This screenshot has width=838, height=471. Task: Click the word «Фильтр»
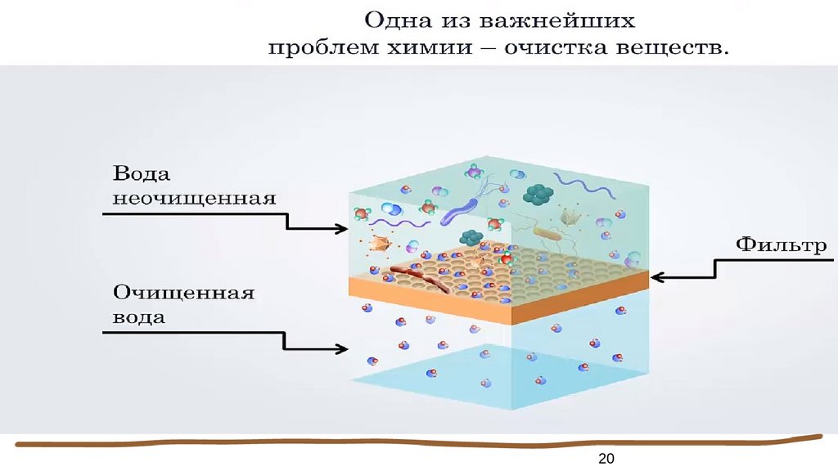click(781, 245)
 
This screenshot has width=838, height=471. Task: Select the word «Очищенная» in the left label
click(183, 294)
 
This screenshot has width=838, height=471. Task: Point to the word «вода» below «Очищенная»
click(139, 316)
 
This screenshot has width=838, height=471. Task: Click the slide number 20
click(606, 458)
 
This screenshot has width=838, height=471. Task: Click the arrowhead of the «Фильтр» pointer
click(657, 277)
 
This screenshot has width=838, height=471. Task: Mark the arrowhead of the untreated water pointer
click(341, 229)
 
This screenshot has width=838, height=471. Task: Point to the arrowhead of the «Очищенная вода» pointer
click(341, 349)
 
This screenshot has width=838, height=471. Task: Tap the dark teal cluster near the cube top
click(538, 194)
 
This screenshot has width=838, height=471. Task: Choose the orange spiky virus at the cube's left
click(380, 243)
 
